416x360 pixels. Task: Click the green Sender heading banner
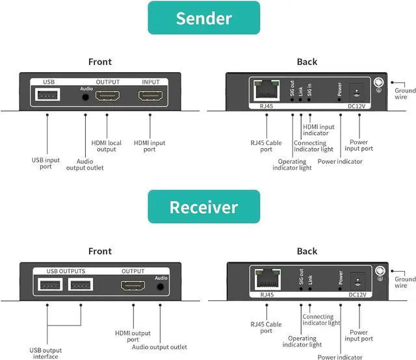[x=203, y=18]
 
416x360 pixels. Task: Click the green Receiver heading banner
[x=203, y=207]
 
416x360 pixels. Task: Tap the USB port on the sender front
[x=49, y=96]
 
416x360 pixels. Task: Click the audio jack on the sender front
[x=86, y=97]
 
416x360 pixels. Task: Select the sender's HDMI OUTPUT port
[x=107, y=96]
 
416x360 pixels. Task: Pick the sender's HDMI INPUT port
[x=150, y=96]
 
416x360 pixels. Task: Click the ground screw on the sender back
[x=379, y=83]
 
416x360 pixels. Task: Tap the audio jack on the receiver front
[x=159, y=285]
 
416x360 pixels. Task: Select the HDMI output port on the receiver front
[x=133, y=285]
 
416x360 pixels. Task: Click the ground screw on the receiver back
[x=379, y=272]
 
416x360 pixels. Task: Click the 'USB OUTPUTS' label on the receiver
[x=66, y=271]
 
